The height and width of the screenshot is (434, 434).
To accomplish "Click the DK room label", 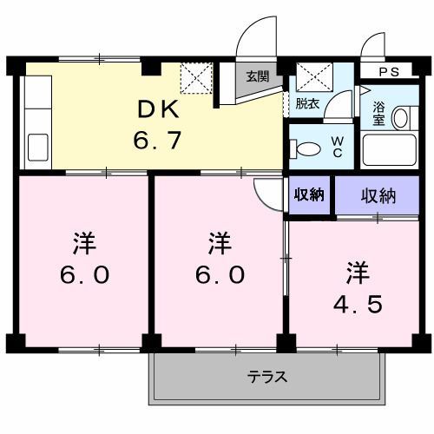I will click(x=160, y=110).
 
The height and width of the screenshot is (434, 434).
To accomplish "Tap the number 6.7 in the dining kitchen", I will click(x=158, y=139).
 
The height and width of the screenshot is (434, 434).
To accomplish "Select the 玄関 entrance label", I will click(x=257, y=76).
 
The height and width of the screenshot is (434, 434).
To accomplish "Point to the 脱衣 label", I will click(x=306, y=103).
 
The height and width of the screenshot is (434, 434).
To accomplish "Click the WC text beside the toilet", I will click(x=339, y=149).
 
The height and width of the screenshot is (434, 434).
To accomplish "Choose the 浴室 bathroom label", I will click(x=378, y=113).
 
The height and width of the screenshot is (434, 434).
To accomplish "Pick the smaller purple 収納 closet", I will click(x=308, y=194).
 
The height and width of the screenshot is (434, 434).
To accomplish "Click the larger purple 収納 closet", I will click(x=378, y=195).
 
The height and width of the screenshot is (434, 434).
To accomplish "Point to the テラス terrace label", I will click(x=267, y=378).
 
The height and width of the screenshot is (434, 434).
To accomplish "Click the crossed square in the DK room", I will click(x=194, y=78).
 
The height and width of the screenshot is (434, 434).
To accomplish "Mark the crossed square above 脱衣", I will click(x=309, y=77).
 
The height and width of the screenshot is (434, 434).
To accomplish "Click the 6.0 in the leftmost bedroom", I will click(x=84, y=275).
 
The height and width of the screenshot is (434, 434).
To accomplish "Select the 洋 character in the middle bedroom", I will click(x=220, y=243).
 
